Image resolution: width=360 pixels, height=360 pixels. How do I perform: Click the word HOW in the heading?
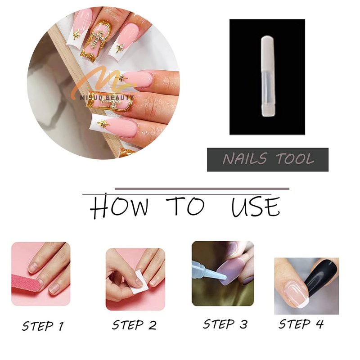click(x=119, y=206)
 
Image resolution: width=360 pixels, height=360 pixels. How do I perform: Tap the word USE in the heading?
click(x=256, y=206)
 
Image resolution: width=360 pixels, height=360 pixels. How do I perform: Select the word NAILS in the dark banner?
click(x=245, y=159)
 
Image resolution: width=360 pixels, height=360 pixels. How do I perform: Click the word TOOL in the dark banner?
click(x=295, y=159)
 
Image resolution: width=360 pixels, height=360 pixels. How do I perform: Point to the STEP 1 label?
click(x=43, y=326)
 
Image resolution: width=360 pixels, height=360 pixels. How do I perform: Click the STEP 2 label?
click(x=134, y=325)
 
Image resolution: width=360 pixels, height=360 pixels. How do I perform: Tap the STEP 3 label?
click(x=225, y=324)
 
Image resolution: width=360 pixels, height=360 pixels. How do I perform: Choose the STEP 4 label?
click(x=301, y=324)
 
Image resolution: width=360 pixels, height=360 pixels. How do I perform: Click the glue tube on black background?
click(x=268, y=76)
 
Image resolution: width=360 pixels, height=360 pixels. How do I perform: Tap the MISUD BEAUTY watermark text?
click(x=107, y=98)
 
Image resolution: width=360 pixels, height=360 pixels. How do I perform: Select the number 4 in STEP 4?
click(x=319, y=324)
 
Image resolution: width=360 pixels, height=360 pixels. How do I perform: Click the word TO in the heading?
click(x=185, y=206)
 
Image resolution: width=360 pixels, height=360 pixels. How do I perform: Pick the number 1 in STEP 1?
click(x=61, y=326)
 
